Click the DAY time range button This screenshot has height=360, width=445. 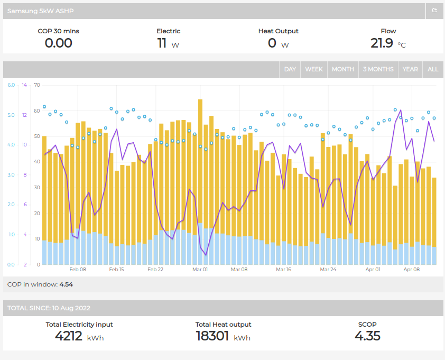coord(290,69)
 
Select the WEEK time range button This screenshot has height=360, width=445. coord(314,69)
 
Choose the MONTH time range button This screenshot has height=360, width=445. coord(343,69)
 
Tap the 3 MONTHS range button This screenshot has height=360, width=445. coord(378,69)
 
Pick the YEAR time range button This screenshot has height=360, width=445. coord(410,69)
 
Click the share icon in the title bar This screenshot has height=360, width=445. coord(434,11)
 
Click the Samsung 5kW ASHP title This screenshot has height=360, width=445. coord(40,11)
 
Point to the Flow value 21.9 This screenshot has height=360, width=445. coord(382,43)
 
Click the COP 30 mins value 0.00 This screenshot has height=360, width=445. coord(59,43)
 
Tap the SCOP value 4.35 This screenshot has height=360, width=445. coord(367,336)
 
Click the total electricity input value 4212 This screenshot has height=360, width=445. coord(69,336)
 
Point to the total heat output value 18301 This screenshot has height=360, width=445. coord(212,336)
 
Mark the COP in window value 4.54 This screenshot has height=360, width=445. coord(66,284)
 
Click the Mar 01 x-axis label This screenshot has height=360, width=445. coord(200,270)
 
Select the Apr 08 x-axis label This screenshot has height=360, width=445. coord(412,270)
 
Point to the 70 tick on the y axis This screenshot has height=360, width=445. coord(37,85)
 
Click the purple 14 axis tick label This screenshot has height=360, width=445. coord(24,85)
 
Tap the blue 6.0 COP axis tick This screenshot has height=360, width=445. coord(11,85)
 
